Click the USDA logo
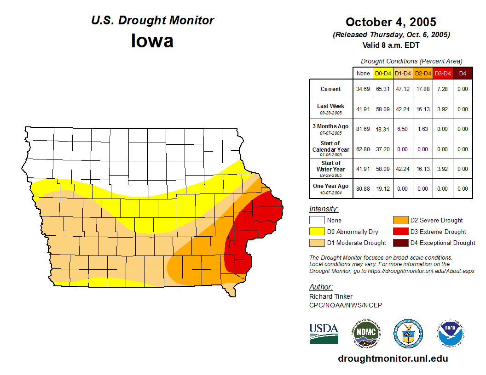click(x=324, y=333)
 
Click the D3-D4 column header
click(x=443, y=73)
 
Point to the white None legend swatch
click(x=317, y=221)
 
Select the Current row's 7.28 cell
click(x=443, y=89)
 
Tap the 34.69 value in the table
click(x=363, y=89)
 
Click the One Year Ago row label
click(x=331, y=186)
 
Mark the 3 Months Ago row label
click(x=331, y=126)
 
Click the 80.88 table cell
click(x=363, y=189)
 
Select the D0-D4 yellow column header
click(x=383, y=73)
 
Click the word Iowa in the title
click(x=152, y=41)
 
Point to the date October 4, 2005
click(x=391, y=22)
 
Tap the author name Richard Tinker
click(x=331, y=296)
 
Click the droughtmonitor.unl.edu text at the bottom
click(x=393, y=358)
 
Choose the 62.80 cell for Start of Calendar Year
click(x=363, y=149)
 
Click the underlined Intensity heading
click(x=324, y=209)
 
